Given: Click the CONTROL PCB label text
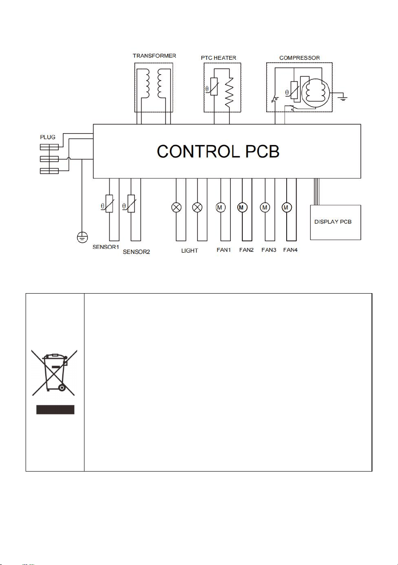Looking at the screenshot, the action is [x=218, y=151].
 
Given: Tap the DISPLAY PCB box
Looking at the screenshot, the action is [x=335, y=222].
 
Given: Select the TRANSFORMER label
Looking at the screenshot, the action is [x=154, y=56].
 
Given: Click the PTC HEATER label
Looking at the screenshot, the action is [x=218, y=58].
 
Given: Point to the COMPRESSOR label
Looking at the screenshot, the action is [x=299, y=58].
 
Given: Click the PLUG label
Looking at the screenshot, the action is [x=48, y=137].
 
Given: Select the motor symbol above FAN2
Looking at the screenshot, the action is [x=242, y=207].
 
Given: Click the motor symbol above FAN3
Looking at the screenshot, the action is [x=265, y=207].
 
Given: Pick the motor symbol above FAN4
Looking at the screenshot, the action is [x=287, y=207].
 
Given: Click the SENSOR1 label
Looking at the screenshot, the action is [x=106, y=247].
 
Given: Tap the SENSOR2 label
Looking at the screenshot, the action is [x=136, y=252].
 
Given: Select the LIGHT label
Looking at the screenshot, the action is [x=189, y=250].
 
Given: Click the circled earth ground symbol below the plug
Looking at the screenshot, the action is [x=82, y=237].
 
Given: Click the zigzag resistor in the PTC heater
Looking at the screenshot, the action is [x=229, y=92].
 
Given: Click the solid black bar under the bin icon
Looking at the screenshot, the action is [x=55, y=410].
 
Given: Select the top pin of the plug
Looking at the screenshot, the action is [x=49, y=147].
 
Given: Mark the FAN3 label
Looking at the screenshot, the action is [x=269, y=250].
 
